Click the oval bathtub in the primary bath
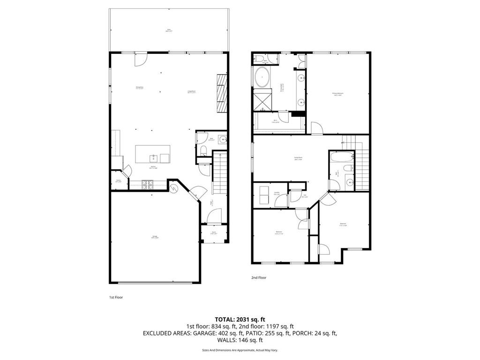[262, 76]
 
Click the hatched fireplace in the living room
[222, 93]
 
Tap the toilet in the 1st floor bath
[203, 150]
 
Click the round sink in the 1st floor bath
[222, 139]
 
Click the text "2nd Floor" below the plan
[258, 277]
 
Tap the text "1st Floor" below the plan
[116, 297]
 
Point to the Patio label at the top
[169, 30]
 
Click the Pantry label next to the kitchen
[119, 181]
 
